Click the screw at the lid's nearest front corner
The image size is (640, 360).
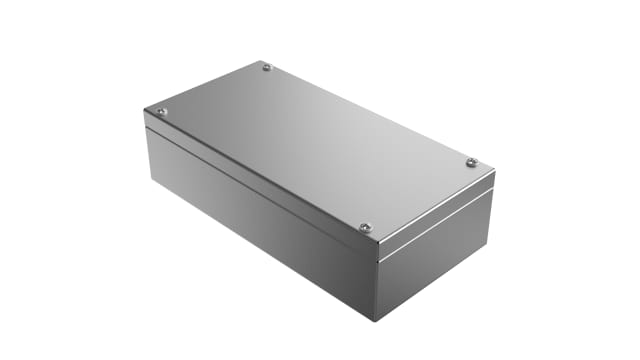(x=365, y=227)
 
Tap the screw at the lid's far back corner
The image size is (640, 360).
(x=267, y=68)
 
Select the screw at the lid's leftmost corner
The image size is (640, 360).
(x=162, y=111)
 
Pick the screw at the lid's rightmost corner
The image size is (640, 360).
(x=471, y=162)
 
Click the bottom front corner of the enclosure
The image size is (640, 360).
(x=375, y=320)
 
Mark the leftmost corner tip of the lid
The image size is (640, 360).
(x=146, y=109)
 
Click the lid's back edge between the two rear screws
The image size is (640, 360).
(x=370, y=113)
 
